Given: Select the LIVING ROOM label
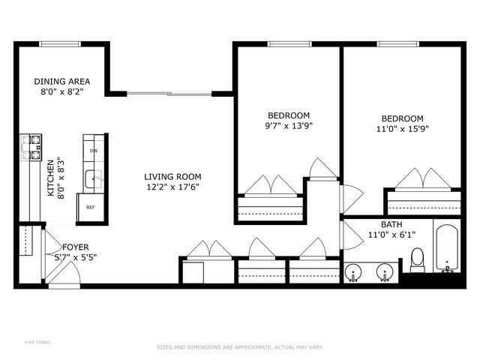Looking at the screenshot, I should pos(172,177).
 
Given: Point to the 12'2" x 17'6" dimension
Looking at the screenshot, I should pos(172,187).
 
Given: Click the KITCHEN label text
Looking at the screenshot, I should pos(51,178).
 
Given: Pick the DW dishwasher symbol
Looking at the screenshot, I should pos(94,151).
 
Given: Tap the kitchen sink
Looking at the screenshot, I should pos(93,179).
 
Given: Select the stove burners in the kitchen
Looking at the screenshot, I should pos(33,147).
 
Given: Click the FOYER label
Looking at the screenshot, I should pos(76,247).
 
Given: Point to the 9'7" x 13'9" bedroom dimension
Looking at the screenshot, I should pos(289,126).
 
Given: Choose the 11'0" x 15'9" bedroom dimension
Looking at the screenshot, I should pos(402,128).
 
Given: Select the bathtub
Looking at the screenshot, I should pos(448,247).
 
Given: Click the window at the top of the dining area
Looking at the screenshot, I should pos(61,43).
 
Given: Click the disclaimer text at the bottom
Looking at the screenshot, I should pos(239,347).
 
